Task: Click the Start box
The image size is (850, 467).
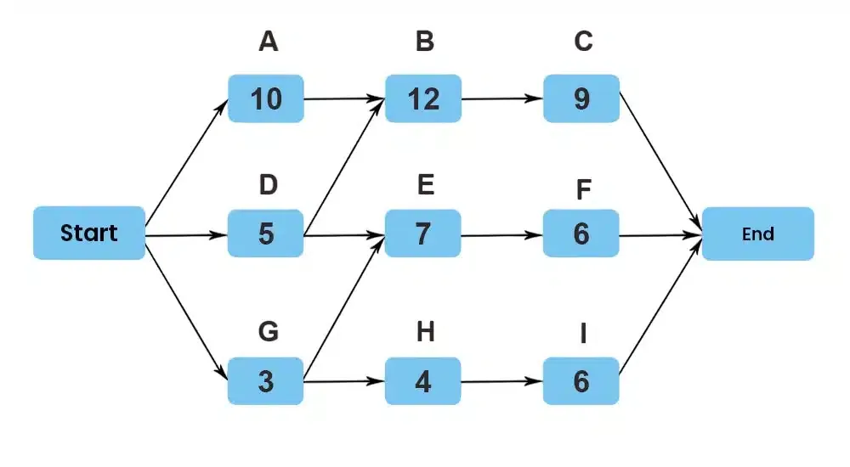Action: pyautogui.click(x=89, y=233)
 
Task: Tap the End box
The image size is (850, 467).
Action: pyautogui.click(x=758, y=234)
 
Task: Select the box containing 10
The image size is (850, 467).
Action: pyautogui.click(x=265, y=98)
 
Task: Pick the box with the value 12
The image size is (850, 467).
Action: pyautogui.click(x=423, y=98)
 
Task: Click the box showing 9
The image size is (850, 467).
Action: pyautogui.click(x=581, y=98)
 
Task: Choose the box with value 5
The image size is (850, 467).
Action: pyautogui.click(x=265, y=233)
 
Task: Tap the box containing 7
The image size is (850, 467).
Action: pyautogui.click(x=422, y=233)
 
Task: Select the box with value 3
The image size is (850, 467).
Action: pyautogui.click(x=265, y=381)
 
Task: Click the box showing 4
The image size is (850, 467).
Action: pyautogui.click(x=422, y=381)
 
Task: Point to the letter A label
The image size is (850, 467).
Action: pyautogui.click(x=269, y=41)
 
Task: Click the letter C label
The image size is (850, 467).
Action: pyautogui.click(x=583, y=41)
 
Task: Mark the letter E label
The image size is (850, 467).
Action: pyautogui.click(x=426, y=185)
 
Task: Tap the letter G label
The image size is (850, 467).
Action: pyautogui.click(x=269, y=331)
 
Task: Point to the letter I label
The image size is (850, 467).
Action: pyautogui.click(x=583, y=334)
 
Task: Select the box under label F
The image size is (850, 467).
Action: pyautogui.click(x=581, y=233)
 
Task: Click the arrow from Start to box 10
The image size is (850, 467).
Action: pyautogui.click(x=186, y=160)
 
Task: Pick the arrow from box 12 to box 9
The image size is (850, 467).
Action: pyautogui.click(x=502, y=98)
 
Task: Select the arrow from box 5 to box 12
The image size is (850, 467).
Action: pyautogui.click(x=344, y=167)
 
